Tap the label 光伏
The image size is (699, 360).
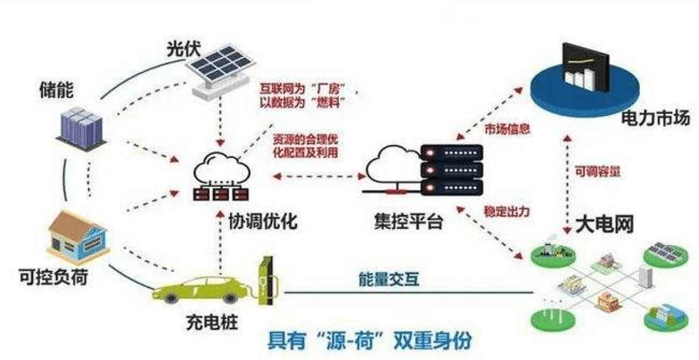pos(184,49)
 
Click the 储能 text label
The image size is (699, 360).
pos(56,90)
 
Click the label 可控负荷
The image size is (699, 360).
pos(54,277)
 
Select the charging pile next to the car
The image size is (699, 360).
pos(267,281)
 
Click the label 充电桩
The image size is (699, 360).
pos(212,322)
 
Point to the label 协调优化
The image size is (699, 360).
pos(263,221)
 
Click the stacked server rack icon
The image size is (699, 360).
pos(452,170)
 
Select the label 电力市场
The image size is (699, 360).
pos(655,118)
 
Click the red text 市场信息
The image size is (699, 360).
pos(507,129)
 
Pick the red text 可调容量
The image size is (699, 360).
pos(597,171)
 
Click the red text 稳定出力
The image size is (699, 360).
pos(507,212)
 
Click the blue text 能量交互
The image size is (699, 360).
pos(389,279)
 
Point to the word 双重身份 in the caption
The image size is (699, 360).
pos(433,340)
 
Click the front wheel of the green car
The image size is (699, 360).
pos(230,298)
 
